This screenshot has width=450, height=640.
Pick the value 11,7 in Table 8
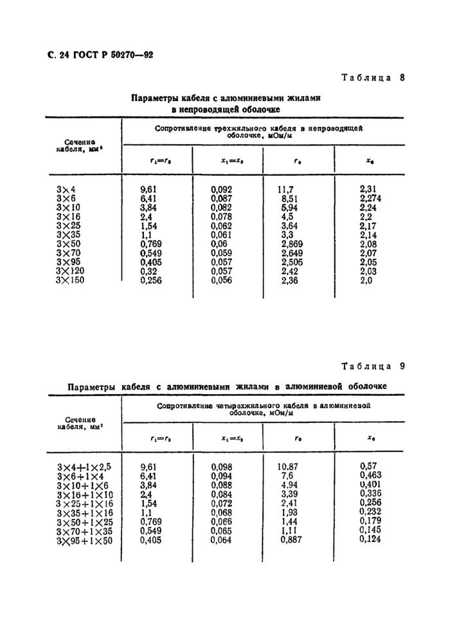click(x=284, y=190)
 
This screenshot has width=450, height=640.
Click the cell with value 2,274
click(x=370, y=199)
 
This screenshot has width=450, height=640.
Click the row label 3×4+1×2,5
click(x=84, y=466)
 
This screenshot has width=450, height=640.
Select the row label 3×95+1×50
click(x=84, y=540)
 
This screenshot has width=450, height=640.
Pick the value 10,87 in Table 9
click(x=289, y=466)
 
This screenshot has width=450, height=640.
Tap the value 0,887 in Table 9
click(x=289, y=540)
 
